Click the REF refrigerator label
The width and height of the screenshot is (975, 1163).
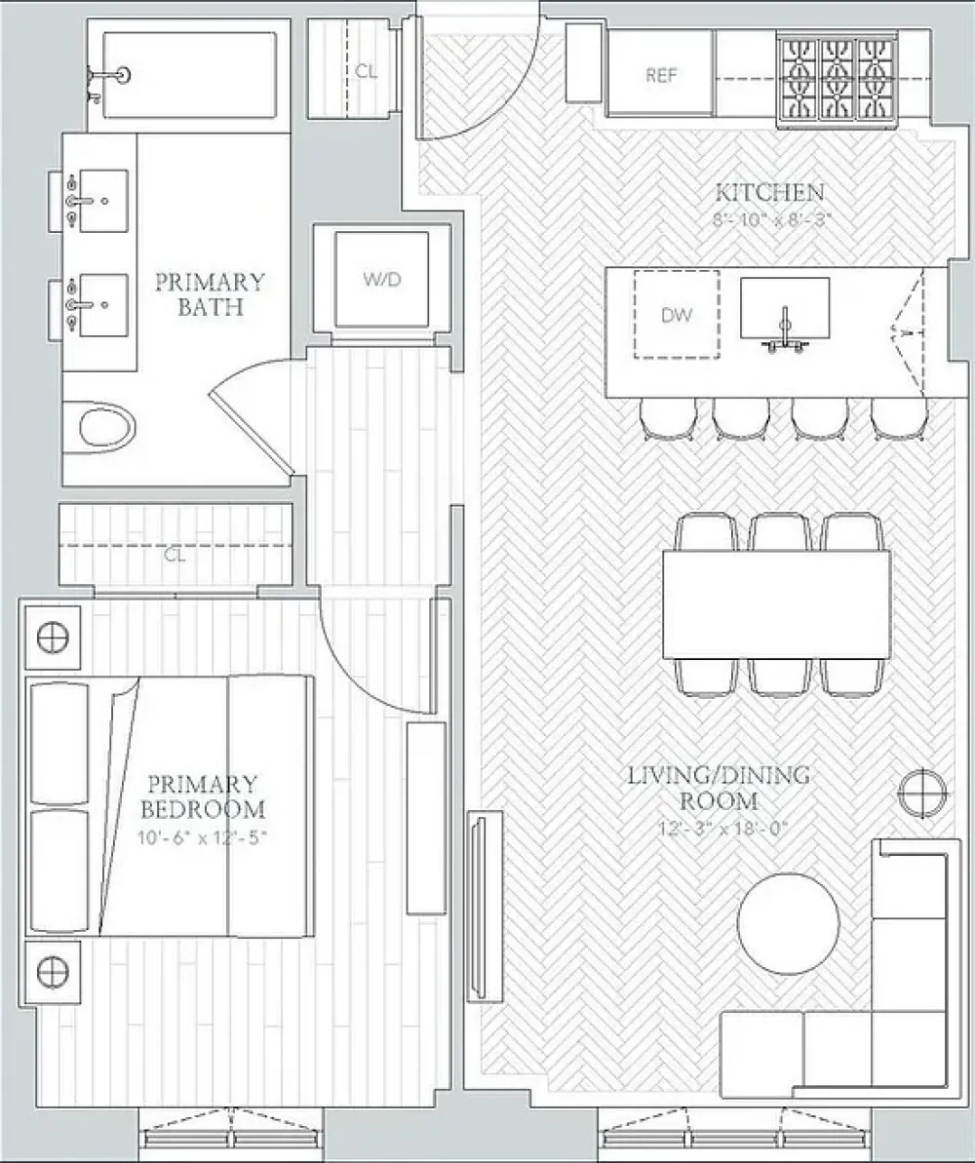(x=661, y=75)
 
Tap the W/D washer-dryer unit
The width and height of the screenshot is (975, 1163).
(x=382, y=279)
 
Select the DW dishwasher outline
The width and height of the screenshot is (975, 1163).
(x=677, y=315)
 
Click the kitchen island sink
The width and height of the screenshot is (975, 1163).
(x=784, y=312)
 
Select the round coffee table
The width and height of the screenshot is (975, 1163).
(x=789, y=923)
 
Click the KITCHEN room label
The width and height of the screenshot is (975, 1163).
(x=769, y=192)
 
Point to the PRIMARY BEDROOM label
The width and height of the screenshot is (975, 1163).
(x=203, y=796)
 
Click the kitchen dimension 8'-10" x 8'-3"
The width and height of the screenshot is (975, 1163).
(x=769, y=219)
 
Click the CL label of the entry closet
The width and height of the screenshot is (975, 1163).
(x=366, y=71)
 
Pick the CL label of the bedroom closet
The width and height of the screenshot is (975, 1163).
(x=175, y=555)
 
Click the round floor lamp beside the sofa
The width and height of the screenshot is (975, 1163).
(x=921, y=793)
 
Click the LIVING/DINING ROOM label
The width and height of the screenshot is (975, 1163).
(x=719, y=788)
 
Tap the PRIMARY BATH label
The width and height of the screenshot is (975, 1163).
(x=210, y=294)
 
